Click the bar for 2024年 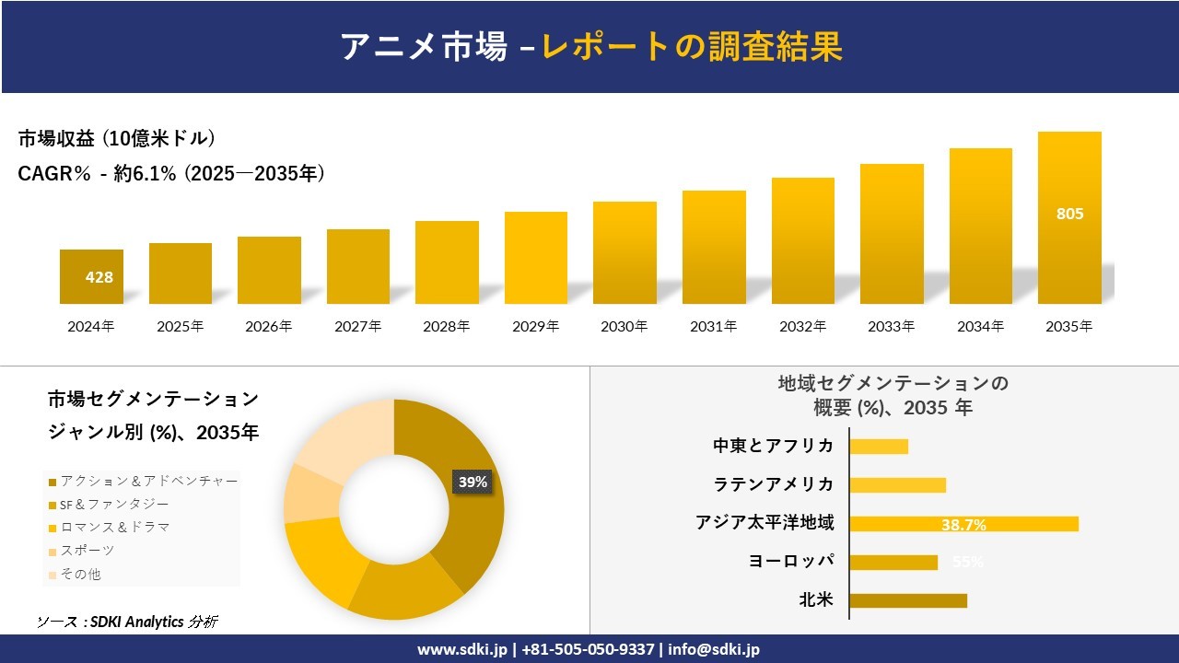[91, 276]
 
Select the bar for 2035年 [1069, 218]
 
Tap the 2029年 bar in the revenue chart [535, 258]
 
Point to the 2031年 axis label [714, 326]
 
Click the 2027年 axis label [357, 326]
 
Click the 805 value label [1069, 214]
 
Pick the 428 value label [99, 276]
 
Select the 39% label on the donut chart [473, 482]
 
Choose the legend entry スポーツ [88, 551]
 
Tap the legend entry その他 [81, 574]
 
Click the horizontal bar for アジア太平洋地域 [963, 524]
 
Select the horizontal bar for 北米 [908, 600]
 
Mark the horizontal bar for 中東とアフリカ [879, 447]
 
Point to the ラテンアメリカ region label [774, 484]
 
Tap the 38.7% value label [963, 525]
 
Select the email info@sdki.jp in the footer [714, 649]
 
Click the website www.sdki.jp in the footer [461, 649]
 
